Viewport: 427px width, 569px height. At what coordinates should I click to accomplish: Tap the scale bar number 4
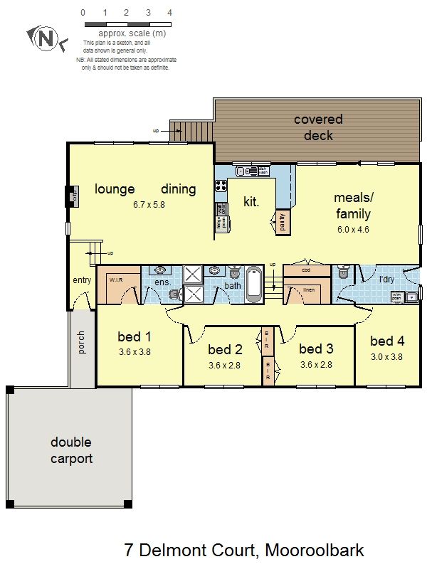point(169,13)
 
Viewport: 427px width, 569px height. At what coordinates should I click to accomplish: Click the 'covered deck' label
point(318,127)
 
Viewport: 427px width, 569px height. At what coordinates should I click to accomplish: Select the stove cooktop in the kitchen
point(221,186)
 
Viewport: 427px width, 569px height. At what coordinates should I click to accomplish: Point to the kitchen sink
point(245,171)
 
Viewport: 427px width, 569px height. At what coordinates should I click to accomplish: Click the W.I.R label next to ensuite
point(116,280)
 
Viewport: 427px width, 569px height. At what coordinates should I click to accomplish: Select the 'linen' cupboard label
point(308,289)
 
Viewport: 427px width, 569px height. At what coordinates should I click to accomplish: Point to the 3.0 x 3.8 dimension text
point(387,357)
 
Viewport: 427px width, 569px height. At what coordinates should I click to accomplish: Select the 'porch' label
point(80,344)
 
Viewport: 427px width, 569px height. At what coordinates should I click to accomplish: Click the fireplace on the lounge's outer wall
point(73,196)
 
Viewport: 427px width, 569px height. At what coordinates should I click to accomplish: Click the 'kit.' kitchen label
point(251,201)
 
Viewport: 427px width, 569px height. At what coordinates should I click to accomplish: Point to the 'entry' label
point(82,280)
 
